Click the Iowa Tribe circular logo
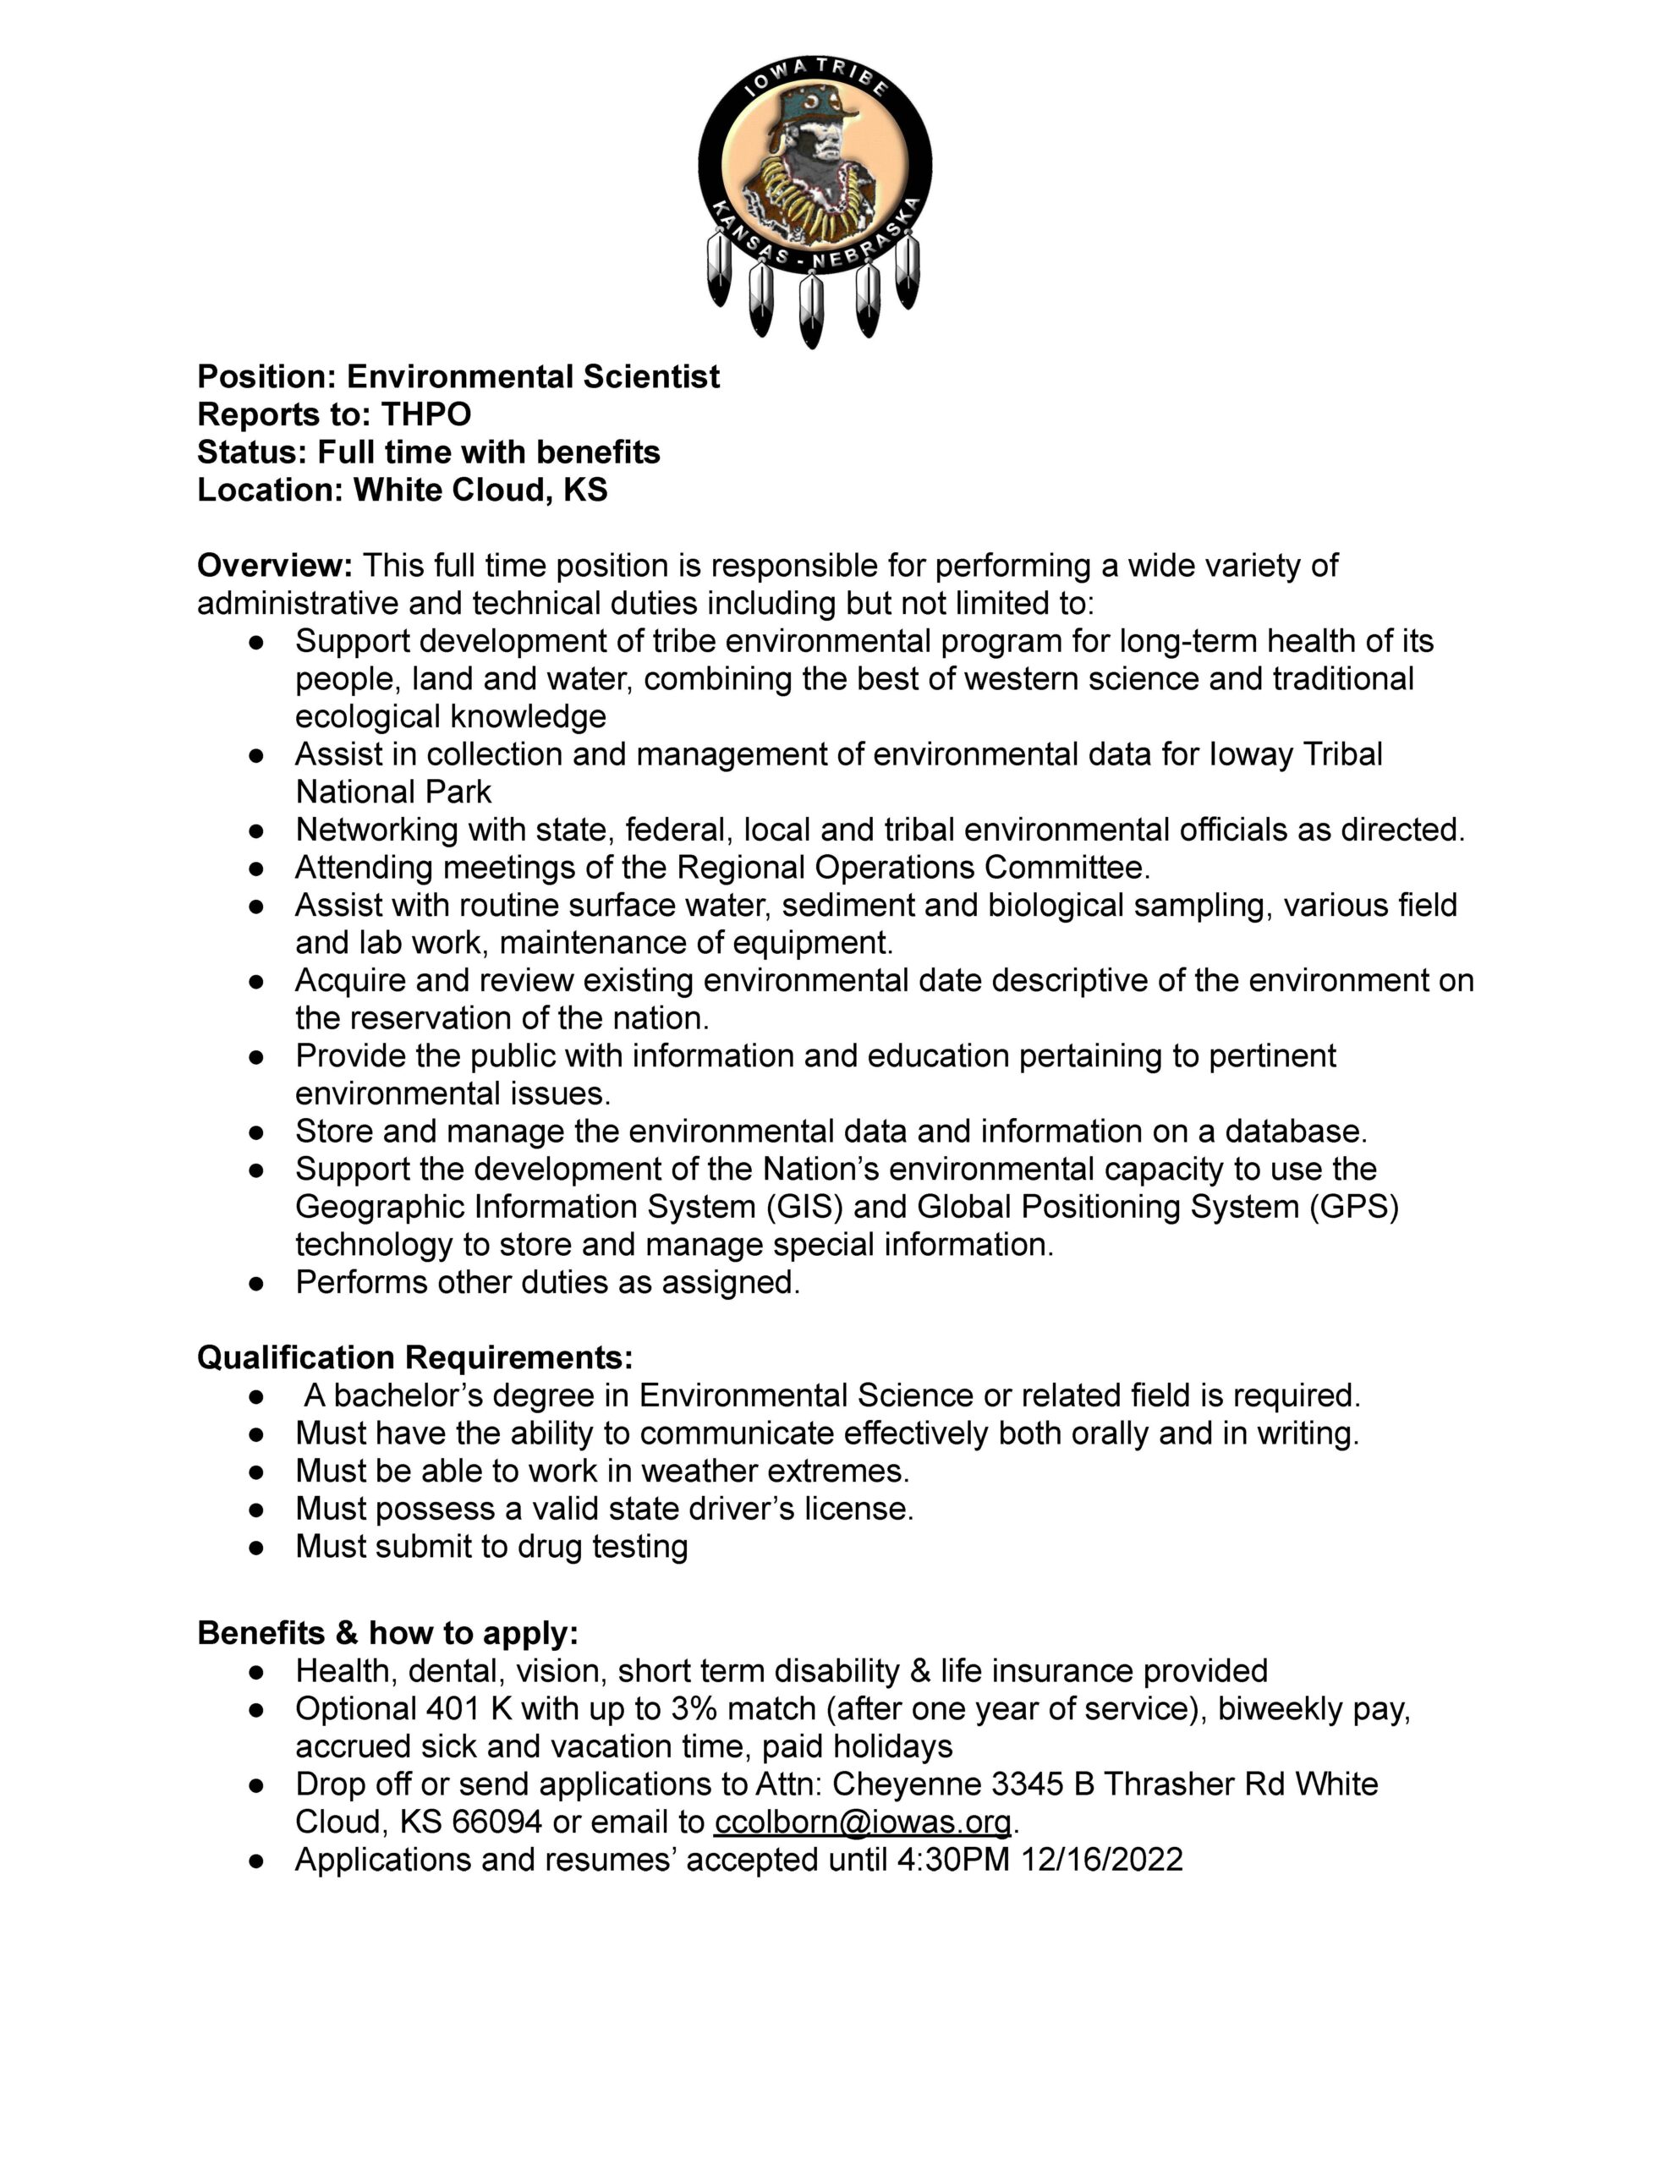(815, 163)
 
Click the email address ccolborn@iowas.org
(862, 1821)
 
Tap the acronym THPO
(425, 414)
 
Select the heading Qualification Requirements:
(414, 1357)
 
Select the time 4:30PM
(952, 1859)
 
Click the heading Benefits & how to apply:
(387, 1633)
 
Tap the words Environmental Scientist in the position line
(533, 376)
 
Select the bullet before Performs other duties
(257, 1283)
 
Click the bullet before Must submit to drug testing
(257, 1547)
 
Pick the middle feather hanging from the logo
(811, 310)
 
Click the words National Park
(393, 792)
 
